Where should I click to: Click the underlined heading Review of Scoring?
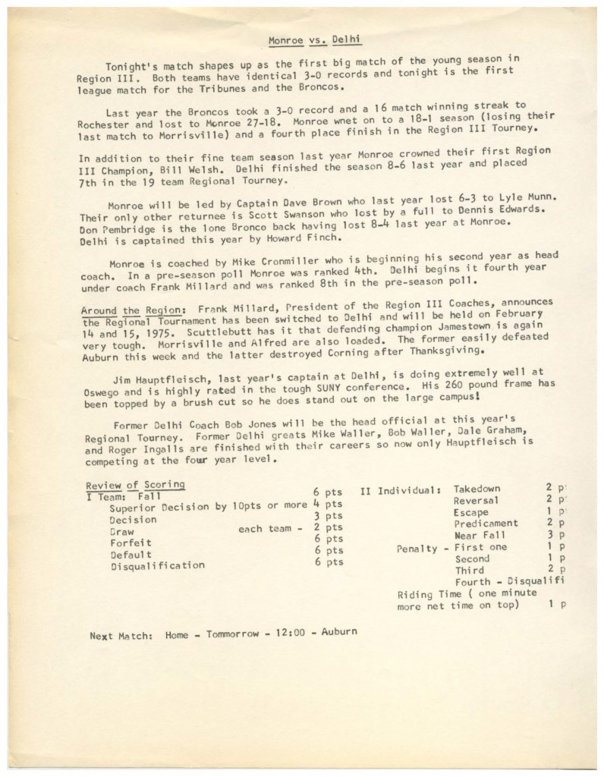click(x=134, y=486)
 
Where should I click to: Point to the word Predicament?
click(x=486, y=524)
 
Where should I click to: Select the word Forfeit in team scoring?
click(x=131, y=543)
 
